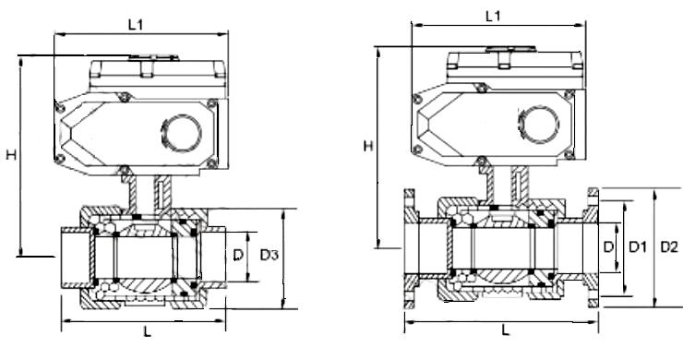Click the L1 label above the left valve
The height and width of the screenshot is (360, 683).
tap(136, 25)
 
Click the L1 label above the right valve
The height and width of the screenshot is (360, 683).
tap(493, 17)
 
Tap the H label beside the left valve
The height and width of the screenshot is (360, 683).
tap(11, 154)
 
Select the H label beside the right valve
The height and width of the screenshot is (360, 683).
tap(368, 146)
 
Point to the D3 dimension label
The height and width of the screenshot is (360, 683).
tap(269, 255)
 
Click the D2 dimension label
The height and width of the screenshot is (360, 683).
tap(669, 247)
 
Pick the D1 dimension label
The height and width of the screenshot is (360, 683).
tap(638, 247)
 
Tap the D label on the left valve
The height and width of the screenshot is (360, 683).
tap(238, 255)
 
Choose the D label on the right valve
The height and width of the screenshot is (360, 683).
tap(608, 247)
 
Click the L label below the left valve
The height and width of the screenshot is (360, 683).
tap(148, 332)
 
